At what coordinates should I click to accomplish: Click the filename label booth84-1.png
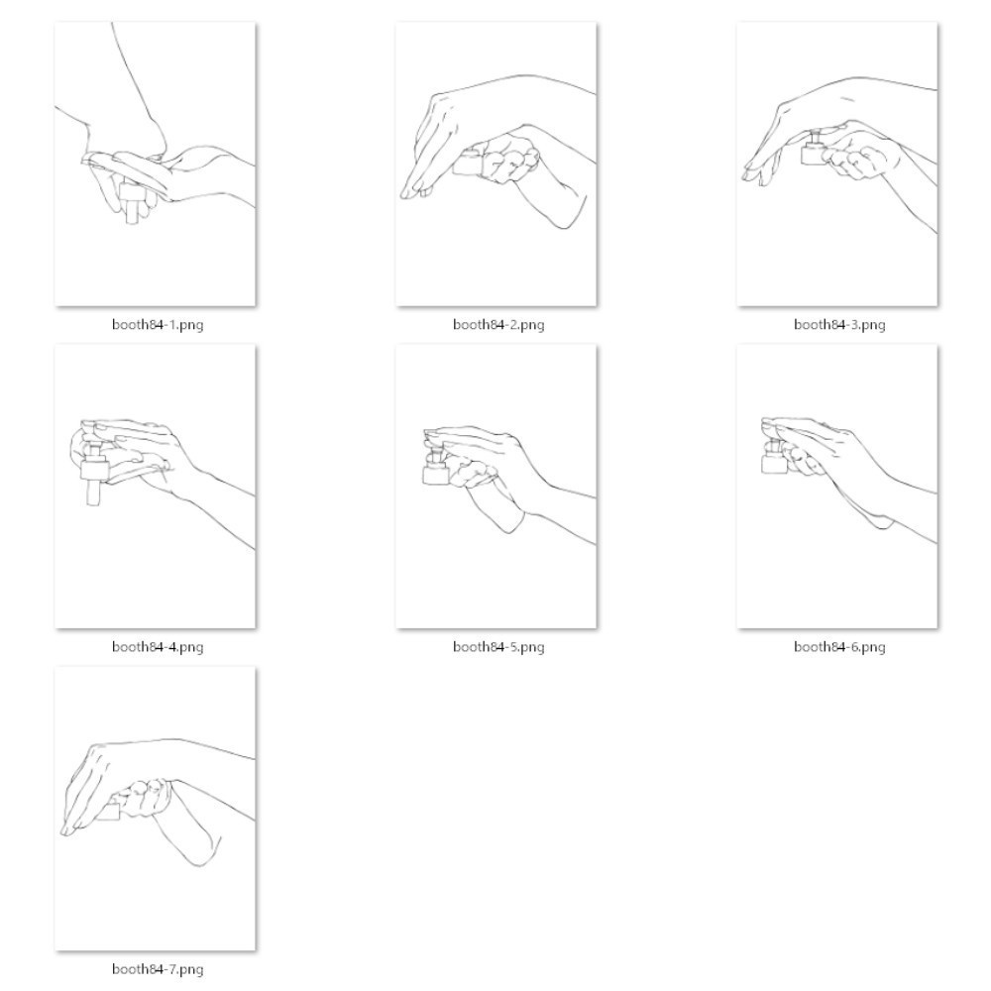158,325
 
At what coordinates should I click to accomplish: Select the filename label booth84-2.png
498,325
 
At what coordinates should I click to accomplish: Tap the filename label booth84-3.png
839,325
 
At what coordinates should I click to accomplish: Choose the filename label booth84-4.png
158,647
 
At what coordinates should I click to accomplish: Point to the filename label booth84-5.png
498,647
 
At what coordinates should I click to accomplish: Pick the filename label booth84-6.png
839,647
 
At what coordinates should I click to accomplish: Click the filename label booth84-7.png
158,969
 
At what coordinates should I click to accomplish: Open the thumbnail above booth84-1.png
156,165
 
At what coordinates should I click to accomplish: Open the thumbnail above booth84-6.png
837,487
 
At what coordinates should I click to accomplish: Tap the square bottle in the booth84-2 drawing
468,163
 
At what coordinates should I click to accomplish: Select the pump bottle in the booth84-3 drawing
814,149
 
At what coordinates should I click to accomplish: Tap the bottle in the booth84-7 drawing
109,810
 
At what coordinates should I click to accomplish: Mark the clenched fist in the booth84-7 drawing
144,799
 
